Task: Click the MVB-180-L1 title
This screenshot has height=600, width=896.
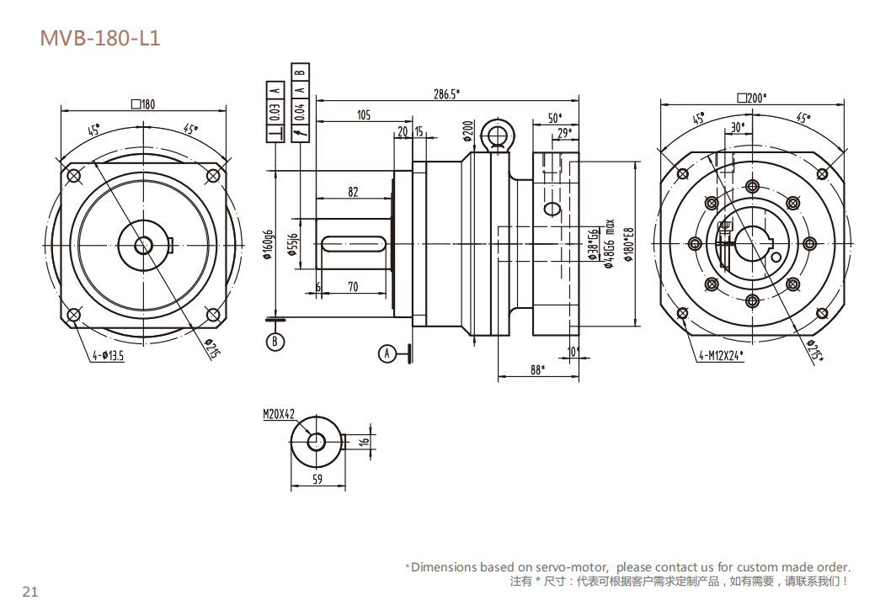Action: pos(99,38)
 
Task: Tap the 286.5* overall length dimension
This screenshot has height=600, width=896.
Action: pos(446,94)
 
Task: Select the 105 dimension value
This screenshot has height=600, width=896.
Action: pos(363,115)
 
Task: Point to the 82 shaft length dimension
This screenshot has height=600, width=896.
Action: pos(353,192)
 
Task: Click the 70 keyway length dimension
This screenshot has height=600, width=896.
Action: pos(353,287)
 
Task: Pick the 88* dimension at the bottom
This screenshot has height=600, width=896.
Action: pos(536,369)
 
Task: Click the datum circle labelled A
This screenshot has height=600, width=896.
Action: pos(387,353)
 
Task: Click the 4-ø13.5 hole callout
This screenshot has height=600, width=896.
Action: pos(108,356)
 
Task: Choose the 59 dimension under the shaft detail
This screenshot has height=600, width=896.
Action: pos(317,480)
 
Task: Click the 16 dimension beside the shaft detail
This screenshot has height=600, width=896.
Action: pos(365,441)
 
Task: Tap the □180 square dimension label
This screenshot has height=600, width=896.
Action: pos(143,104)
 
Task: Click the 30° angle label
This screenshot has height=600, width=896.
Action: pos(738,127)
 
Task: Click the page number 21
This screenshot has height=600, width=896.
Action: pos(30,591)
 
